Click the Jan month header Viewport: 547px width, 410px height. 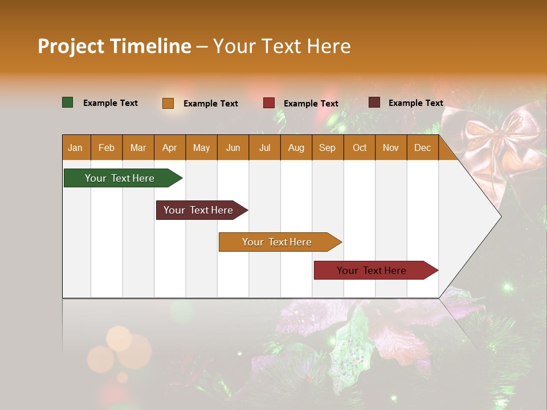pyautogui.click(x=75, y=148)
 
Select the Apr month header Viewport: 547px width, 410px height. pyautogui.click(x=169, y=148)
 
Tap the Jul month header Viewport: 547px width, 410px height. pyautogui.click(x=264, y=148)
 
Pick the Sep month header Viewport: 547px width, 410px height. pyautogui.click(x=327, y=148)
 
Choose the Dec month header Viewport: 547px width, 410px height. pyautogui.click(x=422, y=148)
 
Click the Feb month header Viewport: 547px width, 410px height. pyautogui.click(x=107, y=148)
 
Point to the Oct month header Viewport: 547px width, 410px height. pyautogui.click(x=360, y=148)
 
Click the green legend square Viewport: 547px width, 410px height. pyautogui.click(x=68, y=102)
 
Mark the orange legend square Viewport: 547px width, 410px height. pyautogui.click(x=168, y=103)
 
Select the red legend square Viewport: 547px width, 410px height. pyautogui.click(x=269, y=103)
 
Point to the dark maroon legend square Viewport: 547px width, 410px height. pyautogui.click(x=374, y=102)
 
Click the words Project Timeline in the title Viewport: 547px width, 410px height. pyautogui.click(x=115, y=46)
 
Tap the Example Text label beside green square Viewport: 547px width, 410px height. pyautogui.click(x=111, y=103)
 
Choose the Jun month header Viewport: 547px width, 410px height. pyautogui.click(x=233, y=148)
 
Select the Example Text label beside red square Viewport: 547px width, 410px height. pyautogui.click(x=311, y=104)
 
